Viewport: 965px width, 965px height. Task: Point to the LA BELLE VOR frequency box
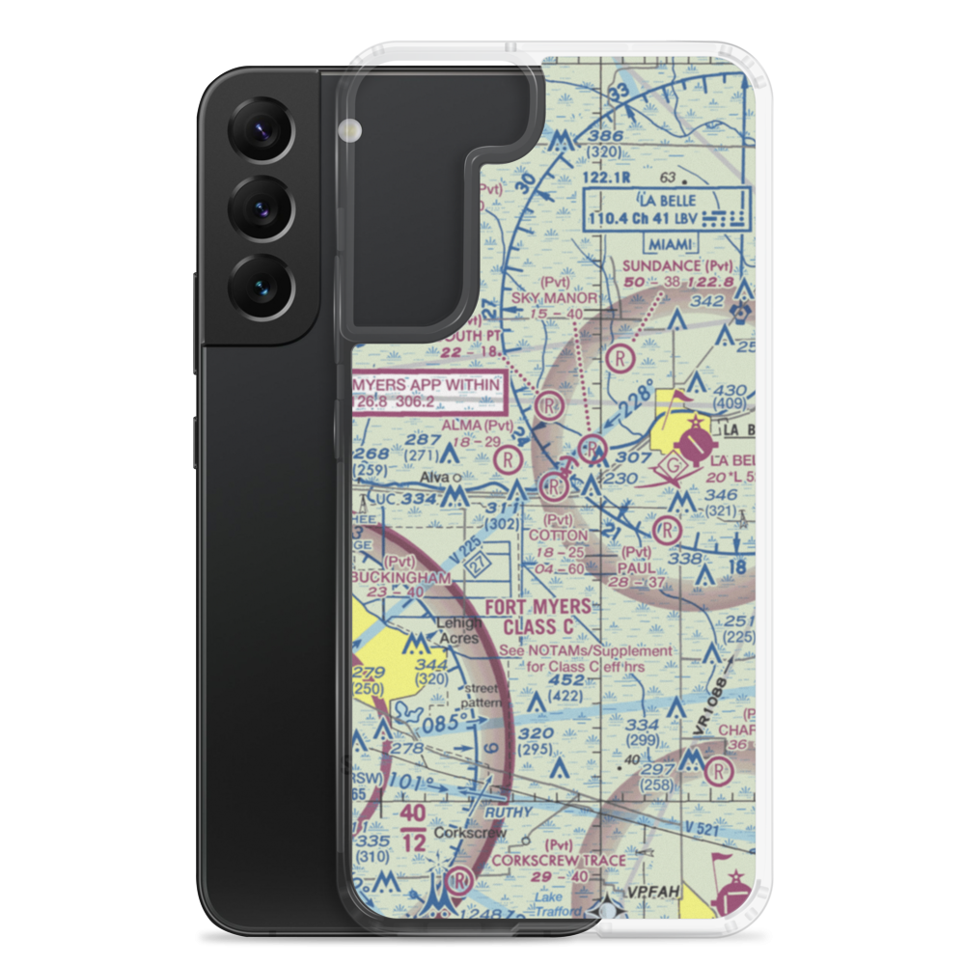(x=667, y=209)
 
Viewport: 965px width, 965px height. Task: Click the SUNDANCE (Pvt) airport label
(x=676, y=265)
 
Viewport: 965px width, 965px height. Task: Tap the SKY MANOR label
(x=555, y=298)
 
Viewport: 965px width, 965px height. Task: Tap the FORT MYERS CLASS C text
(x=538, y=616)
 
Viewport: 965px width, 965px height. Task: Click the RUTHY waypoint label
(x=509, y=813)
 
